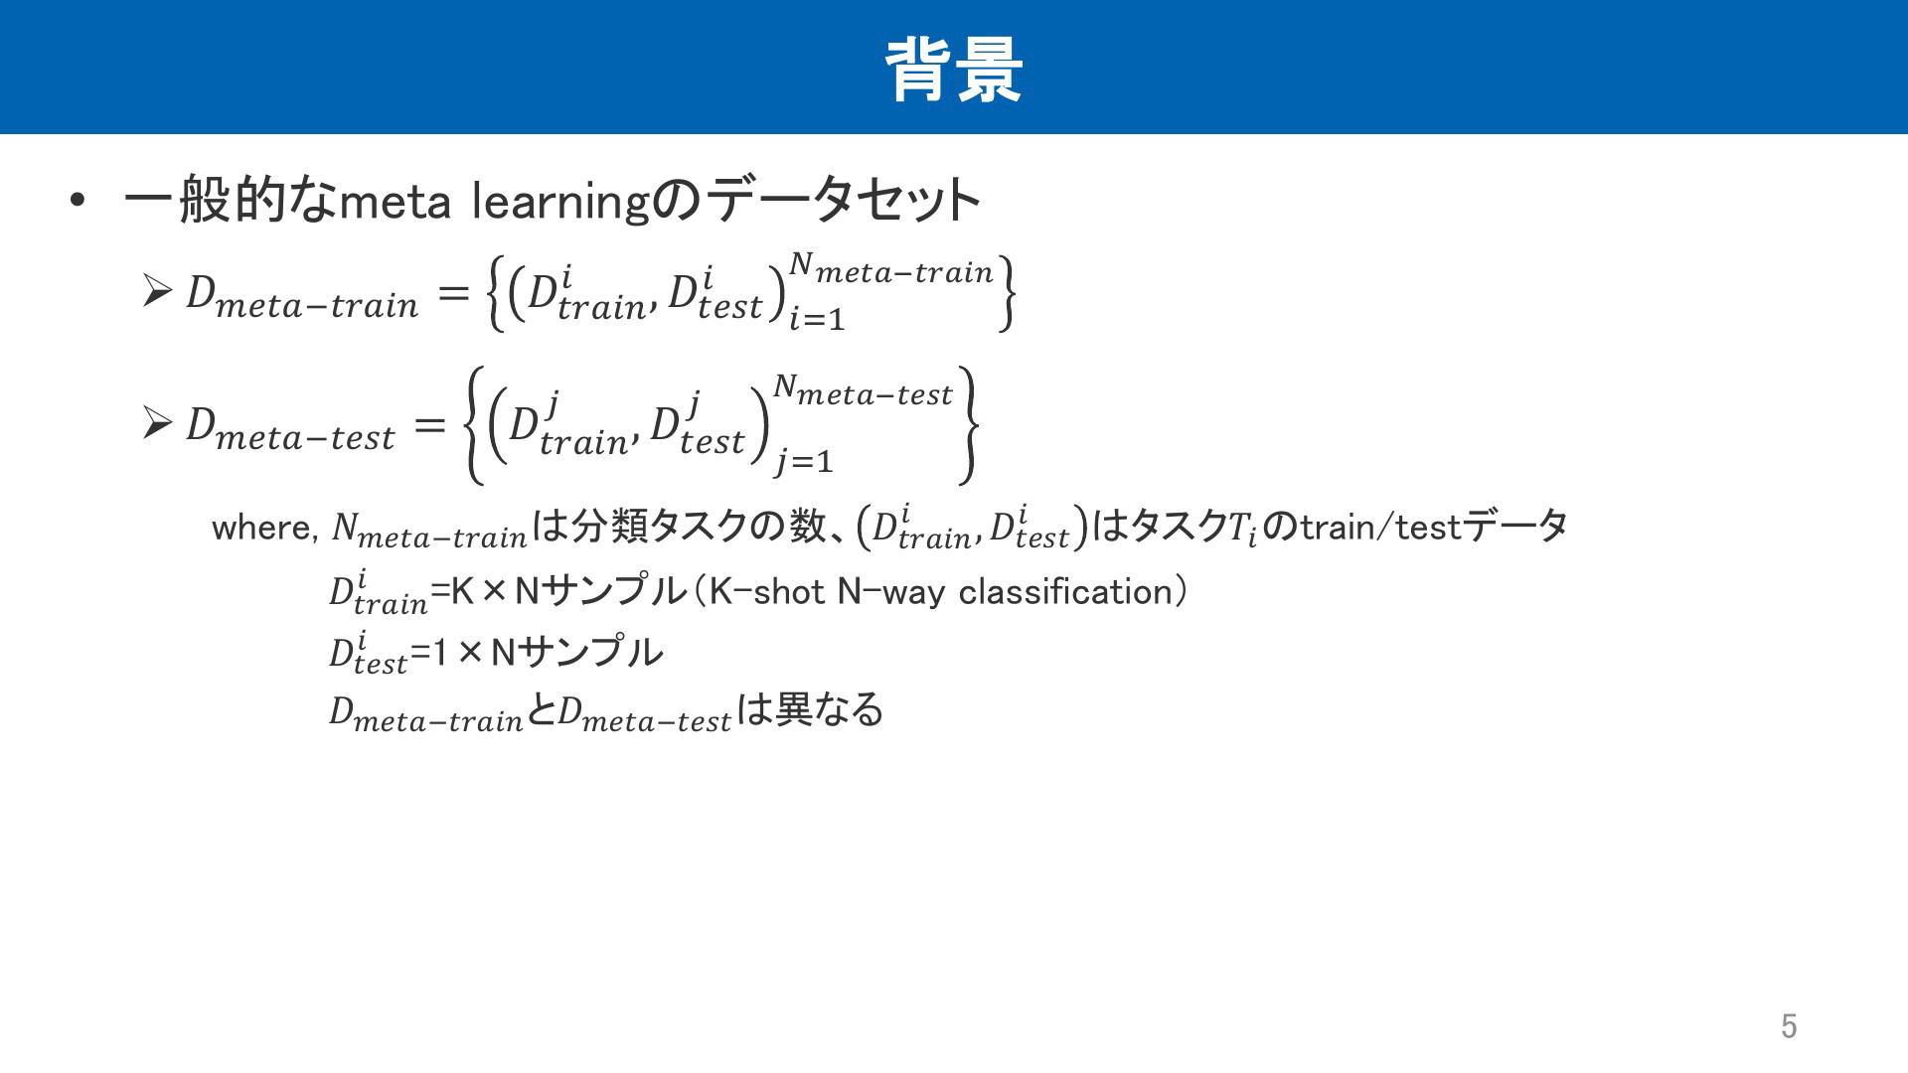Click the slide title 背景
tap(954, 70)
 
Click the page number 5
tap(1789, 1025)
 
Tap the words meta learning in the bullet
tap(495, 203)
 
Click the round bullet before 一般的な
tap(79, 202)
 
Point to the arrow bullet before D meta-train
tap(157, 290)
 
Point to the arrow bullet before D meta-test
tap(157, 423)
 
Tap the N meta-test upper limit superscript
tap(863, 392)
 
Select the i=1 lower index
tap(817, 319)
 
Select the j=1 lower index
tap(805, 461)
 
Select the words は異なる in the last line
tap(810, 709)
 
